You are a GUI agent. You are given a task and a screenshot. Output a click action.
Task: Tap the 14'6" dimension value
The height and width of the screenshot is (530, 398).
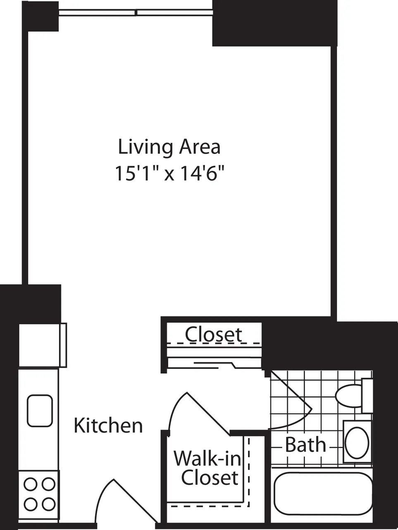[200, 173]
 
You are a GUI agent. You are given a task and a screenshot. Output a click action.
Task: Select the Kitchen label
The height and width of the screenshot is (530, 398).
[108, 426]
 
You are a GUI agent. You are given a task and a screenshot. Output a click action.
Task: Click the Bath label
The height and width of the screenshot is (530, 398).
[305, 445]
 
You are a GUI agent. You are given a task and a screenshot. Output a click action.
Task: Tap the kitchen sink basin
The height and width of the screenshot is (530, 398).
[40, 411]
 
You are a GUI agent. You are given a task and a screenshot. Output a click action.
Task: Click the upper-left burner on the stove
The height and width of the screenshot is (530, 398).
[31, 484]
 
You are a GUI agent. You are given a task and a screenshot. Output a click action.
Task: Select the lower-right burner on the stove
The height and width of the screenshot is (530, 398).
[48, 503]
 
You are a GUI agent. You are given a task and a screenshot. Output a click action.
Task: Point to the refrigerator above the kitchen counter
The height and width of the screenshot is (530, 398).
[43, 345]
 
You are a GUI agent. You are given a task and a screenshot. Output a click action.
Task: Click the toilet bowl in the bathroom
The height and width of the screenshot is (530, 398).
[348, 396]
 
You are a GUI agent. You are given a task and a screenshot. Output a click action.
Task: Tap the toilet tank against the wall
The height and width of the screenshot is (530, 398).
[367, 395]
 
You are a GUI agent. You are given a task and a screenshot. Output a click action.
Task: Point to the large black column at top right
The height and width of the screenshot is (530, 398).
[274, 23]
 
